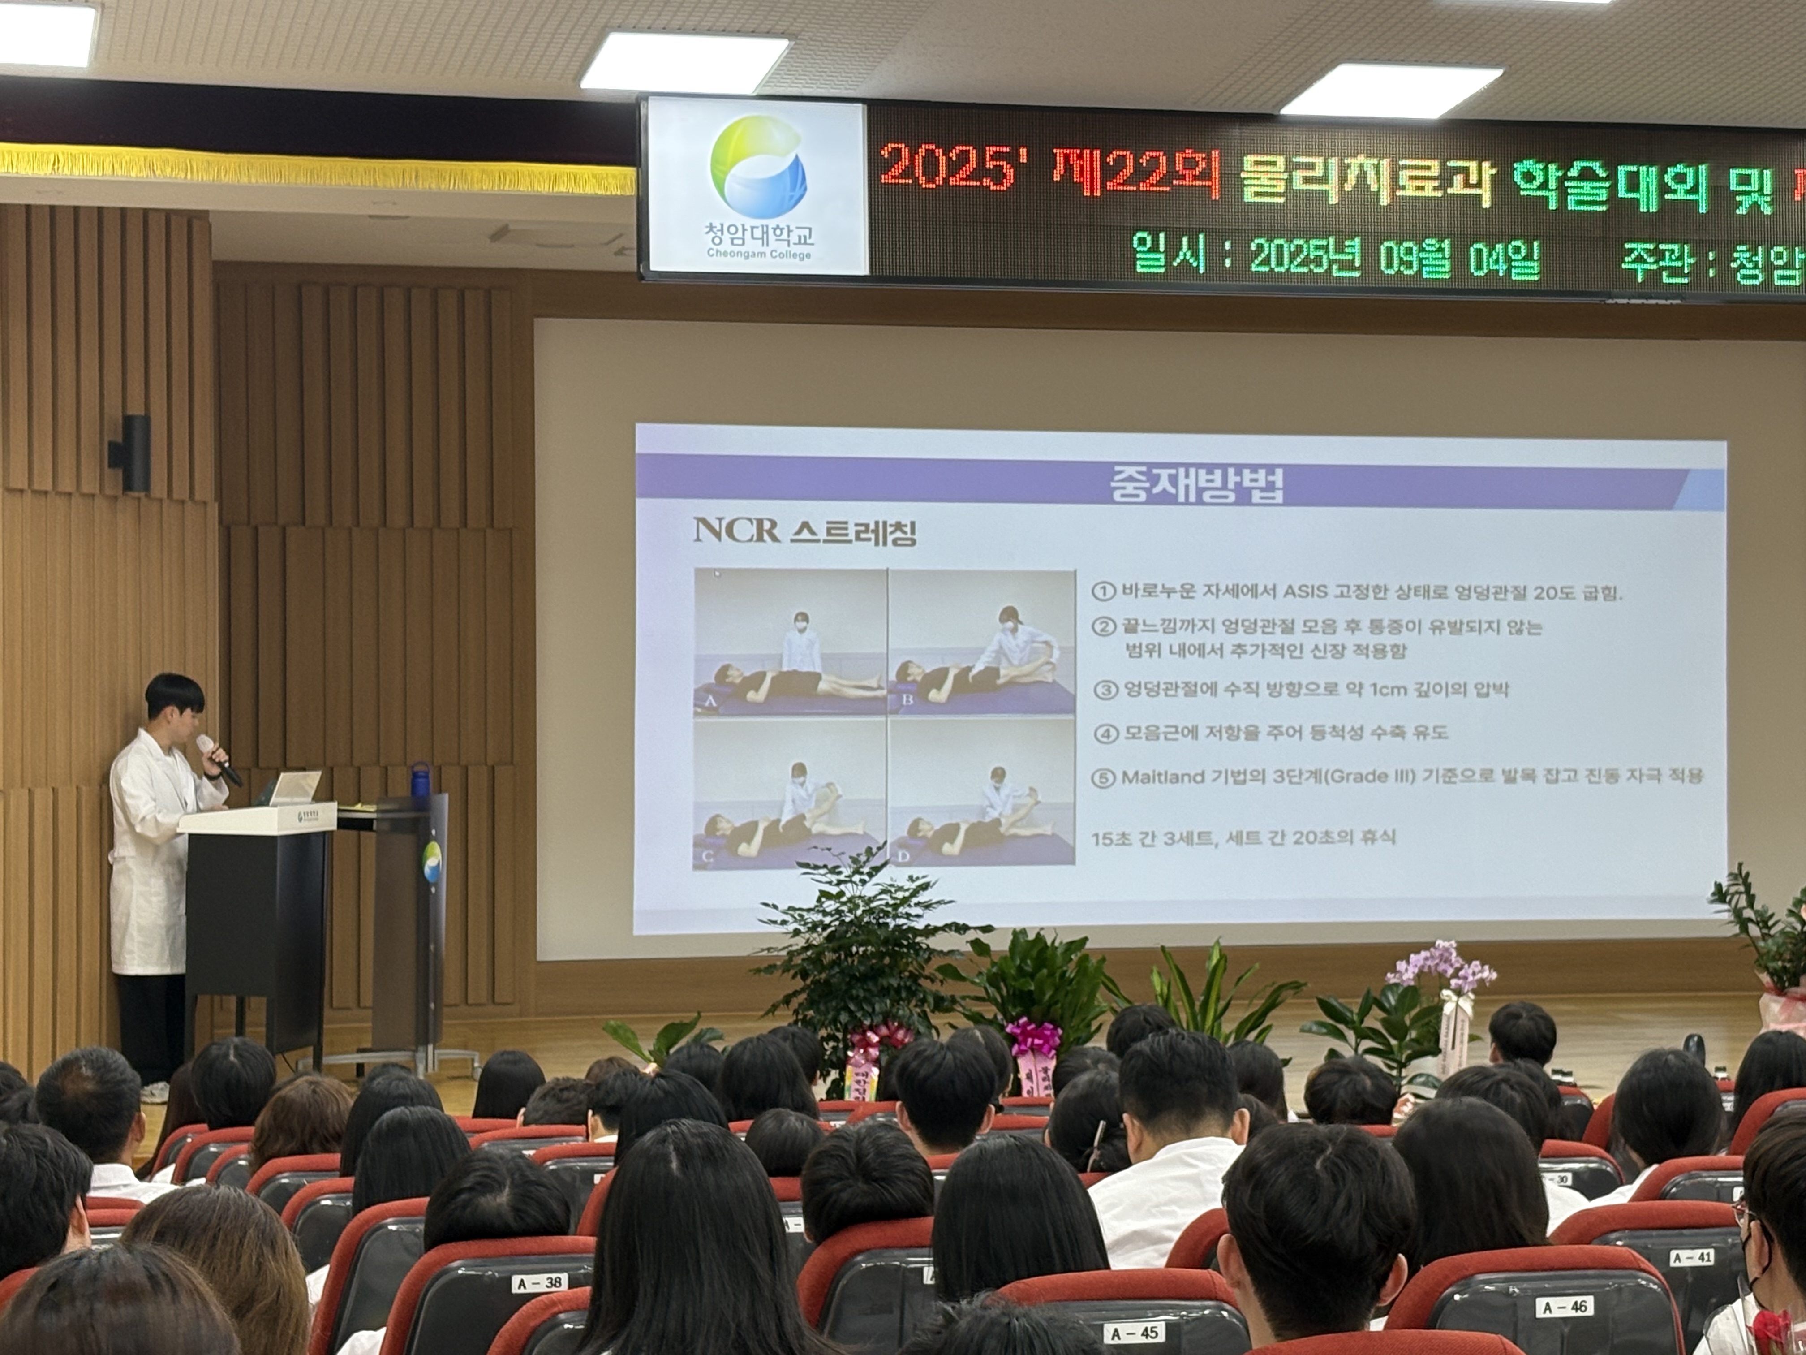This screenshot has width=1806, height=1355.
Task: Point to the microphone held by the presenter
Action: tap(219, 759)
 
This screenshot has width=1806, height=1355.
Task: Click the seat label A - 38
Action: tap(541, 1282)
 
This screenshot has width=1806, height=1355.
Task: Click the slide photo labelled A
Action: tap(790, 643)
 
